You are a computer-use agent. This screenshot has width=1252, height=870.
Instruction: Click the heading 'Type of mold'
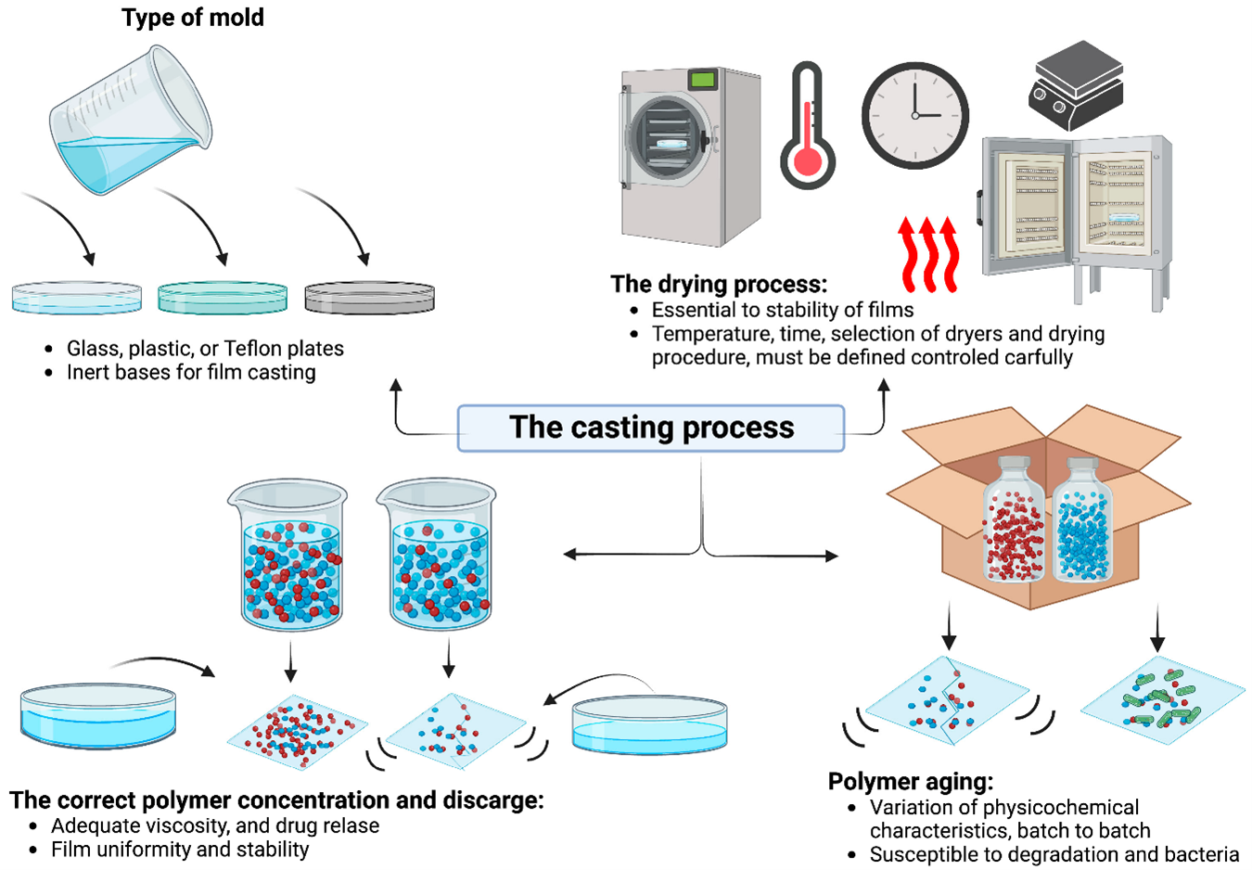point(193,18)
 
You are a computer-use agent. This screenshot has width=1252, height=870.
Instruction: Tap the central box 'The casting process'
point(651,428)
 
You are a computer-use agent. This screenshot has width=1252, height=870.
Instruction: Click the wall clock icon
point(915,115)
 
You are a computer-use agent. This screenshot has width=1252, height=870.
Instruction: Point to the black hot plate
point(1077,85)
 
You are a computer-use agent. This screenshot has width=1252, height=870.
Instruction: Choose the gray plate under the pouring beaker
point(369,297)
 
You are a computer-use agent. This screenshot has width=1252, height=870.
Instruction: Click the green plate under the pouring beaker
point(223,297)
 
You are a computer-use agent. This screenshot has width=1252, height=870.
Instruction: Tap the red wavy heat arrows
point(928,253)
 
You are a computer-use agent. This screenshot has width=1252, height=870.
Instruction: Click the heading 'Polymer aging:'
point(910,782)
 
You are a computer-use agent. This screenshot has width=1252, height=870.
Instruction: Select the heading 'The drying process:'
point(718,284)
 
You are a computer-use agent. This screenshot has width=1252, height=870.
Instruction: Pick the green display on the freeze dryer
point(703,80)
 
